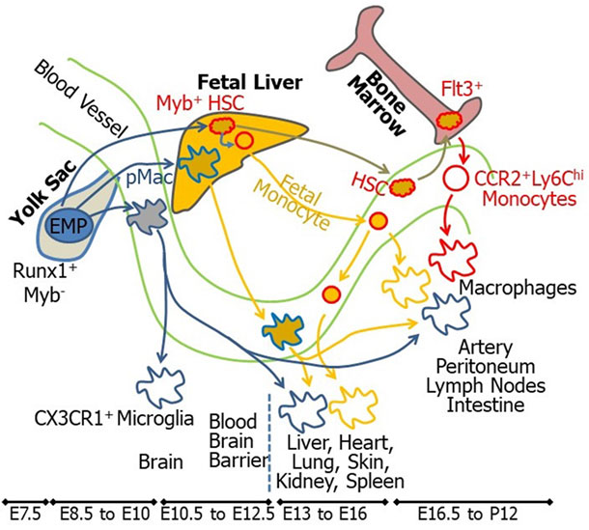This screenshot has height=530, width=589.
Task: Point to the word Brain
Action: pos(162,460)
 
